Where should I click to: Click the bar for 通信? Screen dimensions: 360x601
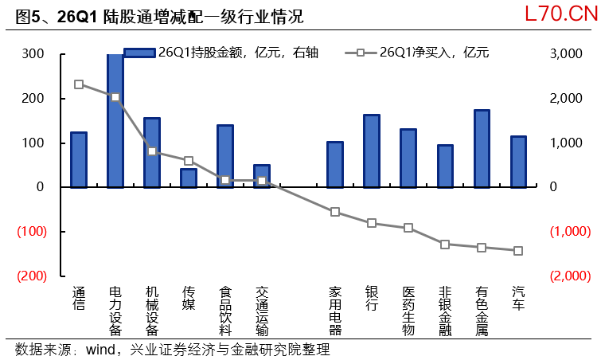pos(78,159)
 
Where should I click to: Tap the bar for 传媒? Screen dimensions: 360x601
pos(188,178)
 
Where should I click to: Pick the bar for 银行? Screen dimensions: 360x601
pos(371,151)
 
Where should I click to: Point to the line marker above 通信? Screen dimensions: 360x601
pos(78,84)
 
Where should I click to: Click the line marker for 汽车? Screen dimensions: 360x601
pos(518,251)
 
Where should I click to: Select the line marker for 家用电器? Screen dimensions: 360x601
pos(335,212)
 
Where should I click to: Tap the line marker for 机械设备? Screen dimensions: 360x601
pos(151,151)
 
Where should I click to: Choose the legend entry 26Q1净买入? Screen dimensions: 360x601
pos(422,53)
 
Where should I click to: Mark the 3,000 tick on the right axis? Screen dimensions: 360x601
pos(567,54)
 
